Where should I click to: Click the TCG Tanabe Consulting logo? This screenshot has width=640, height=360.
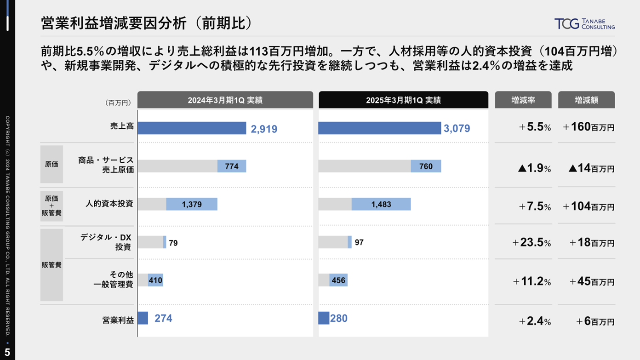pyautogui.click(x=584, y=24)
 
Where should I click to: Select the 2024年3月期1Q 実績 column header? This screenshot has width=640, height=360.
pyautogui.click(x=225, y=100)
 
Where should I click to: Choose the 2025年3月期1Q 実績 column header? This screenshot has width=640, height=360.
pyautogui.click(x=403, y=100)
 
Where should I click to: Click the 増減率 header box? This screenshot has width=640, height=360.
pyautogui.click(x=523, y=100)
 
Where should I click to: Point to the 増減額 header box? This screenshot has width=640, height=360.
pyautogui.click(x=586, y=100)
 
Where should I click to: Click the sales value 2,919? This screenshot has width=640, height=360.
pyautogui.click(x=264, y=129)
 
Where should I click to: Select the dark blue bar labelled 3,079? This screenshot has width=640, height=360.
pyautogui.click(x=379, y=128)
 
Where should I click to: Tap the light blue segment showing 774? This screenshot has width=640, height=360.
pyautogui.click(x=232, y=166)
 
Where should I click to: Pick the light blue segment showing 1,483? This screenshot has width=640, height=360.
pyautogui.click(x=381, y=204)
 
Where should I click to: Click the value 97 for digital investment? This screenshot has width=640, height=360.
pyautogui.click(x=359, y=242)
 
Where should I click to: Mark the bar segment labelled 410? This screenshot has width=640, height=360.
pyautogui.click(x=155, y=280)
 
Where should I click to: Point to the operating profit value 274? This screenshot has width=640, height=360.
pyautogui.click(x=163, y=318)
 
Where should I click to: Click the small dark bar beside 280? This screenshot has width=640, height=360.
pyautogui.click(x=324, y=318)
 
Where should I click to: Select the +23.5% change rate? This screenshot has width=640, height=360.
pyautogui.click(x=531, y=242)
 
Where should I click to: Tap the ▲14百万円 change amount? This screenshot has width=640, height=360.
pyautogui.click(x=591, y=168)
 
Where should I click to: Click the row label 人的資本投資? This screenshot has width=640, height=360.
pyautogui.click(x=109, y=203)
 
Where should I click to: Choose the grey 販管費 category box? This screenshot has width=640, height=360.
pyautogui.click(x=51, y=265)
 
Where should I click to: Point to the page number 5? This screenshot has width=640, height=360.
pyautogui.click(x=7, y=353)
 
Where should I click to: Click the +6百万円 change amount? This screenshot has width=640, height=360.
pyautogui.click(x=595, y=321)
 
